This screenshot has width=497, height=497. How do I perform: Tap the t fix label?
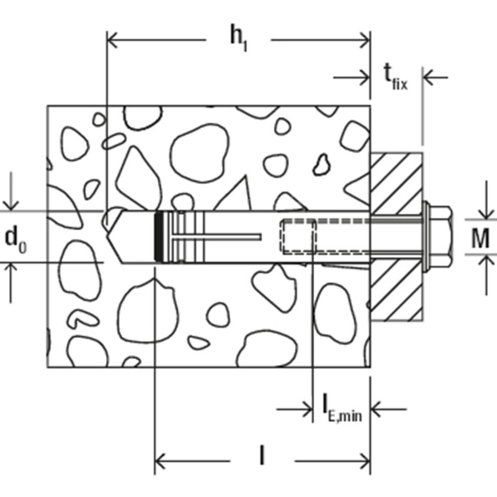395,77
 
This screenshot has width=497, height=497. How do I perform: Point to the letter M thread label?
479,237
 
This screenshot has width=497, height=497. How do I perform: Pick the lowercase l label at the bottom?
261,456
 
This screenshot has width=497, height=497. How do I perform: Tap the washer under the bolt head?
428,237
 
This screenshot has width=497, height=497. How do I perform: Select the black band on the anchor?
160,238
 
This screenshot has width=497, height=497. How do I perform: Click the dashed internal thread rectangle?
298,236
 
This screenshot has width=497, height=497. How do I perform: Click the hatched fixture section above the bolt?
398,180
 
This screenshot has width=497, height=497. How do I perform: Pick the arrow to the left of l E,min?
307,409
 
